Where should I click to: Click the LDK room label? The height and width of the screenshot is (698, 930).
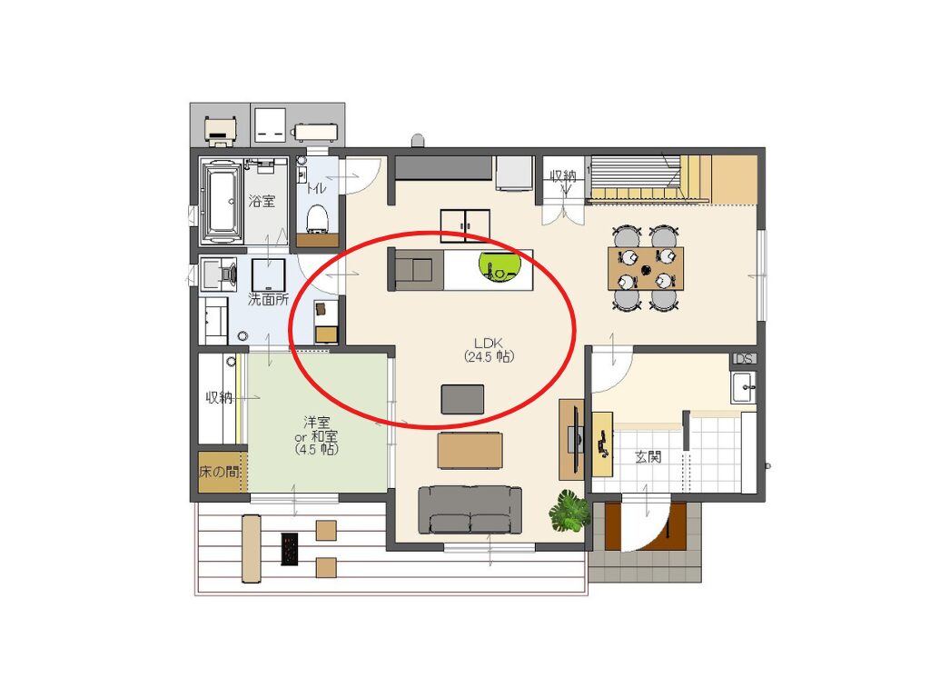488,343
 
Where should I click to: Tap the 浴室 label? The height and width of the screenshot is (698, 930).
262,201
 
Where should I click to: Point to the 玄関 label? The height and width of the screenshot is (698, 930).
648,456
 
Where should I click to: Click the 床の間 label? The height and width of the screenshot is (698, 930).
219,472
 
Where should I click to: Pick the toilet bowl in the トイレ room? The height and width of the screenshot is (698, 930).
317,217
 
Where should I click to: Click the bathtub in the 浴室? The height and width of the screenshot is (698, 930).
223,202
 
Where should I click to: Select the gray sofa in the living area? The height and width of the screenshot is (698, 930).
470,510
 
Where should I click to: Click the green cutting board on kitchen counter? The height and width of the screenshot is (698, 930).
500,268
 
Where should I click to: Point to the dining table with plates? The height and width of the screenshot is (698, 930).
646,268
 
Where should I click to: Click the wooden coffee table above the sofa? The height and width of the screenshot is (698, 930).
470,451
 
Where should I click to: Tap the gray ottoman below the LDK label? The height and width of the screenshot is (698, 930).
462,399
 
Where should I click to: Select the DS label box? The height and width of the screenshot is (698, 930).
744,359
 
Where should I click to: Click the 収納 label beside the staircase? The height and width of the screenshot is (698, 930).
562,175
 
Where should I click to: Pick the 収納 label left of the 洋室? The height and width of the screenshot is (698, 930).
219,397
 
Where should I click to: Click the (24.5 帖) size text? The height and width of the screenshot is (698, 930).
489,356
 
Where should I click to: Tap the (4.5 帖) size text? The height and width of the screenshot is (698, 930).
316,449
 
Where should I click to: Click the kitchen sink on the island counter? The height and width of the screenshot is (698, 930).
420,269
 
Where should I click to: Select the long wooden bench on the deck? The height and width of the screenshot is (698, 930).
252,548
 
